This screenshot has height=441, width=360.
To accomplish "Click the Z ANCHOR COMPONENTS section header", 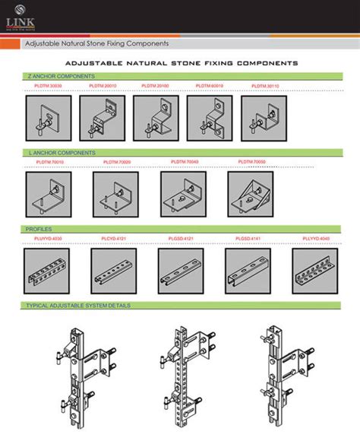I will tap(61, 77).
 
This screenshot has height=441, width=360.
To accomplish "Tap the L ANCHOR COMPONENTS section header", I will tap(61, 153).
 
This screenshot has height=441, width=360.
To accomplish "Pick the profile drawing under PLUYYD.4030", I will tap(48, 271).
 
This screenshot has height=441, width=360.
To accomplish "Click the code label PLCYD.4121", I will tap(114, 239).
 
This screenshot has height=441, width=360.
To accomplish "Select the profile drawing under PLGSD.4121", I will tap(181, 271).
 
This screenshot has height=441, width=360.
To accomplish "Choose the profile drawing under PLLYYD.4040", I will tap(313, 271).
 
